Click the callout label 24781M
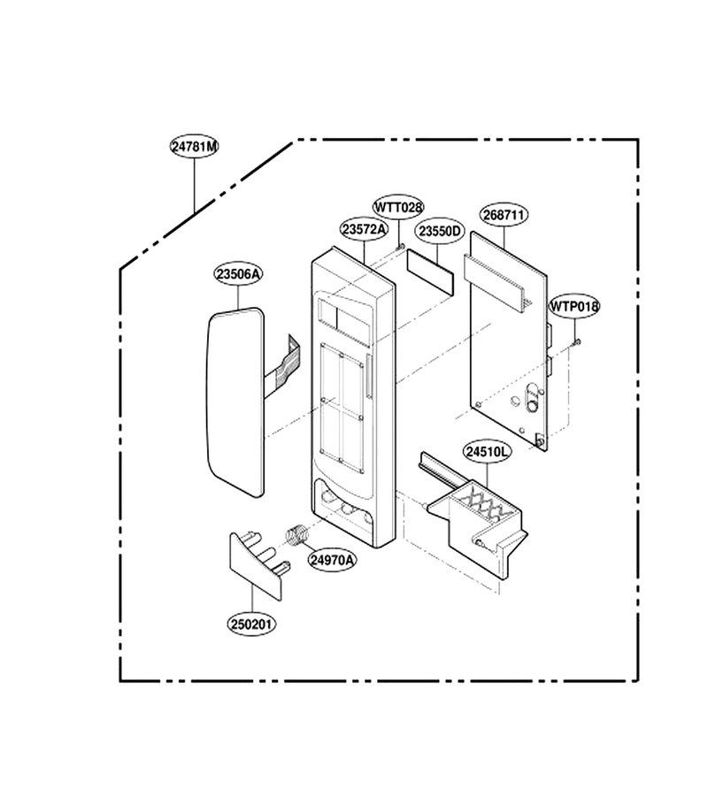tap(194, 146)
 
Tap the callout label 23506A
tap(238, 273)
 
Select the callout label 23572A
tap(364, 229)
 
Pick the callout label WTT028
tap(398, 207)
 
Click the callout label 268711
tap(504, 215)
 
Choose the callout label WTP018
tap(574, 306)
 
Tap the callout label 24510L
tap(487, 451)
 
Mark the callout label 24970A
tap(332, 560)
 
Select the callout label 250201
tap(251, 624)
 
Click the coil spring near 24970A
tap(297, 536)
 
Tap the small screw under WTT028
tap(401, 247)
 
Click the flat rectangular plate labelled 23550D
tap(430, 272)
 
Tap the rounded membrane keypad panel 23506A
tap(236, 402)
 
